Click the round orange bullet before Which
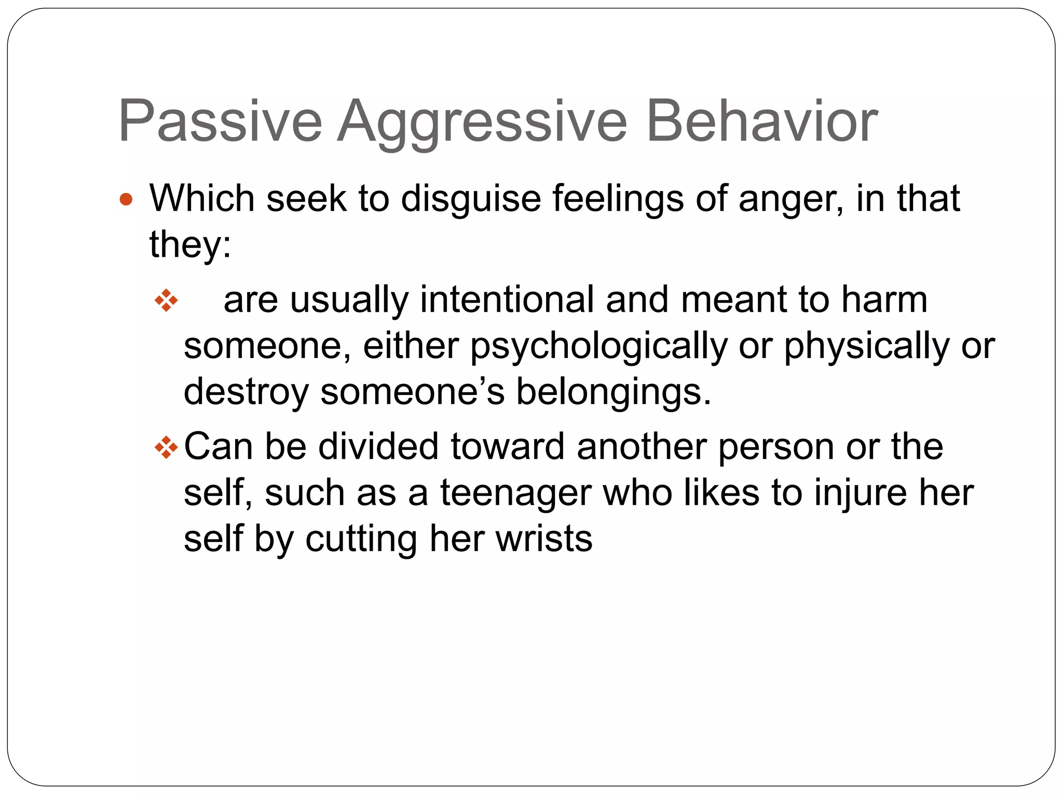(x=126, y=199)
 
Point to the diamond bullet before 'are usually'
(x=166, y=300)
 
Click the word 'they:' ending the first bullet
(x=190, y=244)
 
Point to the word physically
(x=866, y=347)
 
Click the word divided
(x=378, y=446)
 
